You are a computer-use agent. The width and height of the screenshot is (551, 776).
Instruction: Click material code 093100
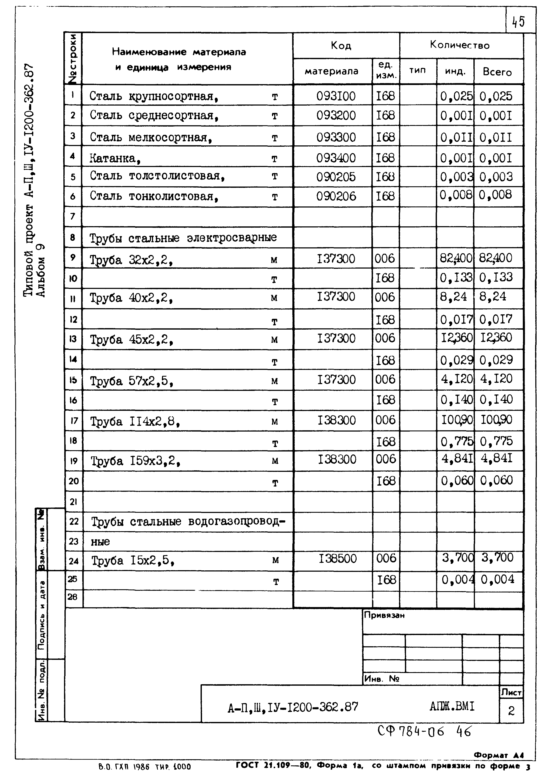pos(336,96)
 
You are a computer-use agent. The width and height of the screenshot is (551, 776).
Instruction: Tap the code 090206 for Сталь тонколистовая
pos(336,196)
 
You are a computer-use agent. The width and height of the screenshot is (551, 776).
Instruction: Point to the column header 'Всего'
pos(497,72)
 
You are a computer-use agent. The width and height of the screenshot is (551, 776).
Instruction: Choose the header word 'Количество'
pos(460,45)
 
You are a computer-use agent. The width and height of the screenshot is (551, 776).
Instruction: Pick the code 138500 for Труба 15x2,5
pos(338,558)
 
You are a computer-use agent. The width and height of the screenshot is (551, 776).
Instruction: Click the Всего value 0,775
pos(496,441)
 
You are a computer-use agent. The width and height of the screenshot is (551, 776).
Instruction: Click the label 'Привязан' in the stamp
pos(384,615)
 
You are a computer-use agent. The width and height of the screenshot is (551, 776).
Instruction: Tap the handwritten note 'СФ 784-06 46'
pos(424,731)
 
